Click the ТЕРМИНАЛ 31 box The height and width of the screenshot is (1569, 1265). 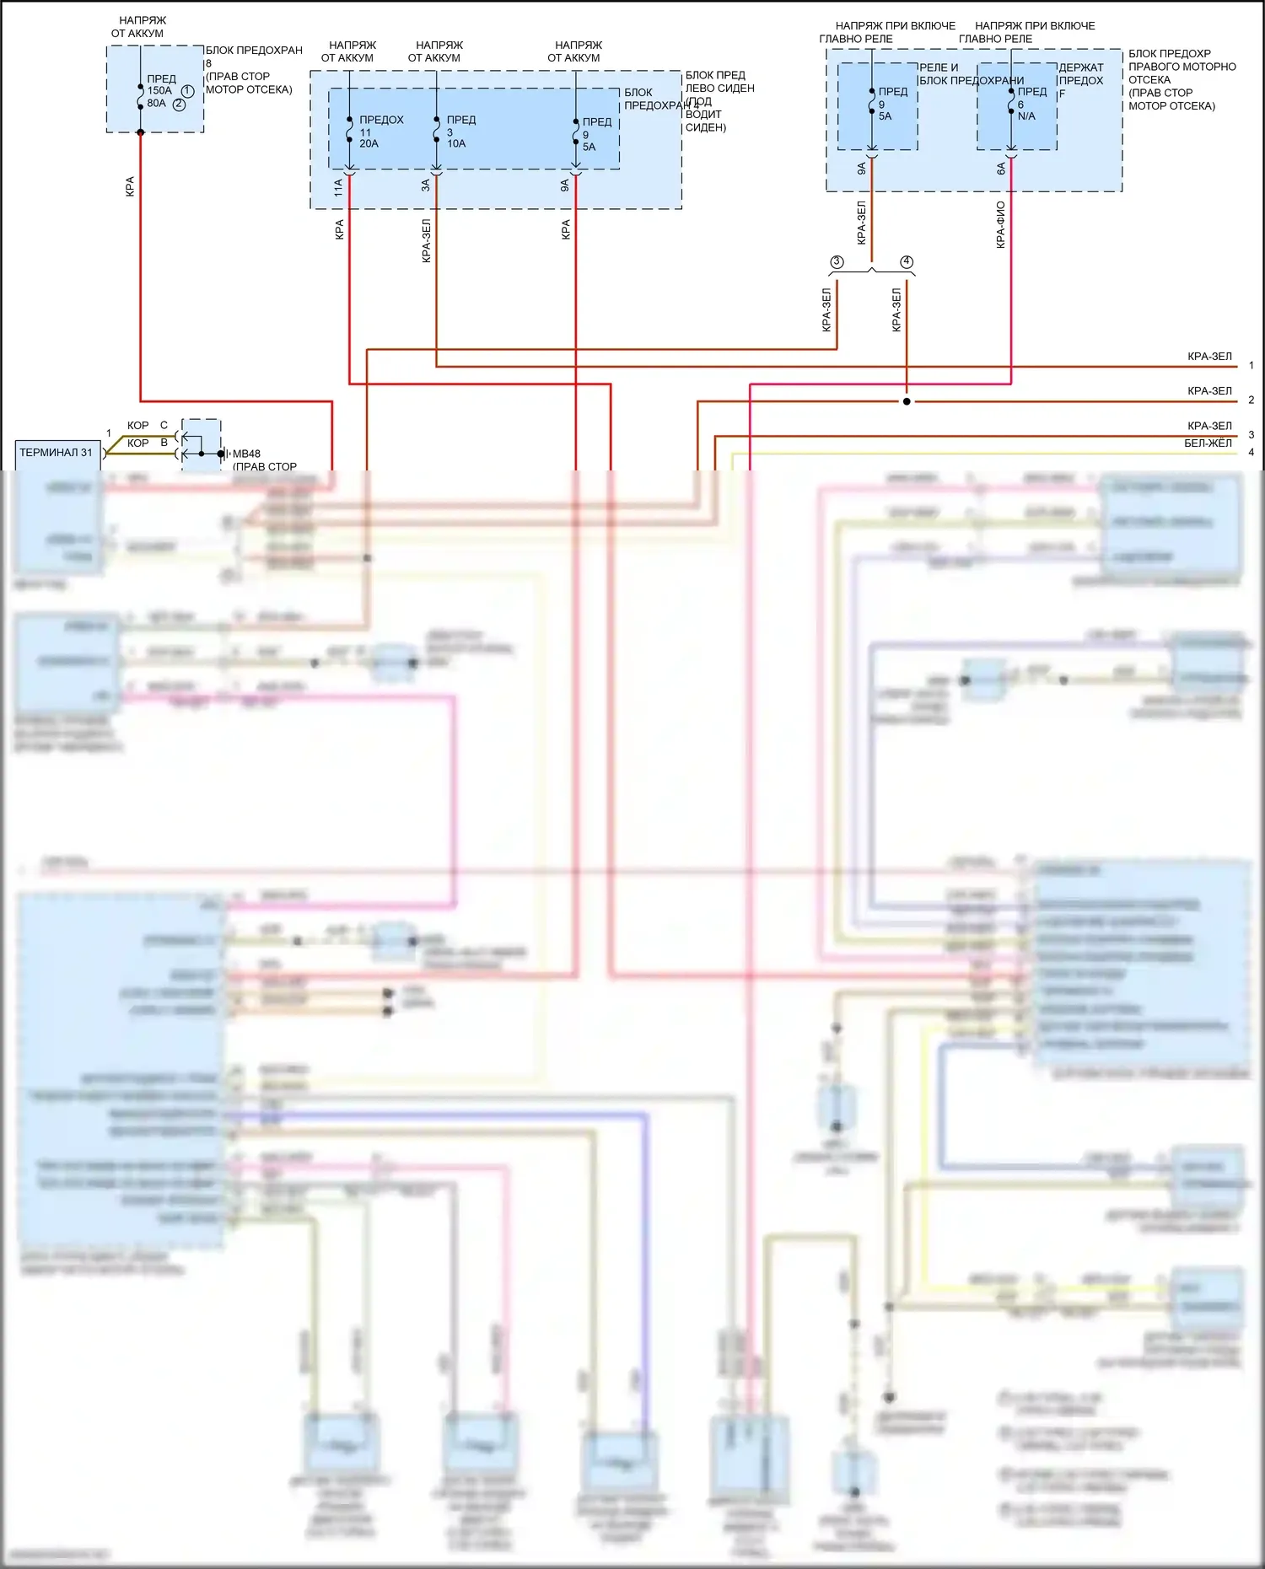57,453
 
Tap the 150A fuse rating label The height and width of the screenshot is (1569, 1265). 159,90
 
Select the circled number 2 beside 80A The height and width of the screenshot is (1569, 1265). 179,105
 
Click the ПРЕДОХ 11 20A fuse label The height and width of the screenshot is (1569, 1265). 380,132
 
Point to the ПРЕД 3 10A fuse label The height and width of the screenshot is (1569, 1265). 460,132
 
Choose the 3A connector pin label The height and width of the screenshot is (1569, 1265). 426,185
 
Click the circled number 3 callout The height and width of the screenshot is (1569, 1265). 837,262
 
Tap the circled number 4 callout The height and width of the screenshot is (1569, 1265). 907,262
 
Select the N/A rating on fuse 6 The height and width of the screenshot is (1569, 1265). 1026,116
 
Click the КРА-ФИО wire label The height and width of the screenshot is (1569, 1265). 1000,224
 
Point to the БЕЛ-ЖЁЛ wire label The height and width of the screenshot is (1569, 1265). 1208,443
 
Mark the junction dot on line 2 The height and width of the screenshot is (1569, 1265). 907,401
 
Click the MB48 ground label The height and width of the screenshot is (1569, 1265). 246,454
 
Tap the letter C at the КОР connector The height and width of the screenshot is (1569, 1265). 164,425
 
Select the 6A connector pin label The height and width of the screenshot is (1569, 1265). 1001,169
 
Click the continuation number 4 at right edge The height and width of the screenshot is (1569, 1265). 1251,453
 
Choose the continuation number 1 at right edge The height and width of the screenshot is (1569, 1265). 1251,365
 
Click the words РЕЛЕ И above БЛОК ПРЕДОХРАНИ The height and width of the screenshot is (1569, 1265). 939,67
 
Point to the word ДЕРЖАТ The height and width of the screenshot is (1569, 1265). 1081,67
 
